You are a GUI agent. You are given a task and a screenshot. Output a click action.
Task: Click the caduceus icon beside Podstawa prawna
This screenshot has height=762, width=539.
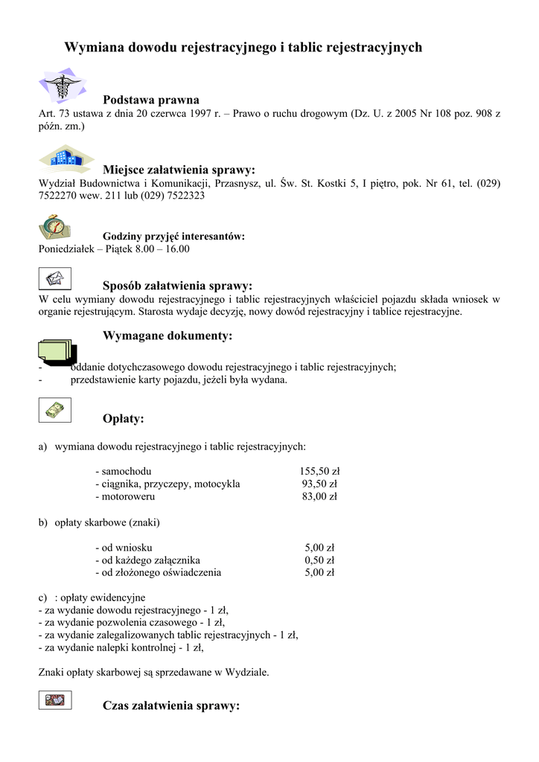tap(63, 86)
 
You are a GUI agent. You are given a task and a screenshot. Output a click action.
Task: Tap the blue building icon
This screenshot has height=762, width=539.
tap(66, 158)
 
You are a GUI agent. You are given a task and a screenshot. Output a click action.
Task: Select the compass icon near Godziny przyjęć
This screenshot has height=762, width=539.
tap(54, 226)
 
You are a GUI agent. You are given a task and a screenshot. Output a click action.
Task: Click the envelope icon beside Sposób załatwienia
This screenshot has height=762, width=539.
tap(54, 279)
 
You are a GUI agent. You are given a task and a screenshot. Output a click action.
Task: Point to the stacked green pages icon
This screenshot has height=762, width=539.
tap(57, 350)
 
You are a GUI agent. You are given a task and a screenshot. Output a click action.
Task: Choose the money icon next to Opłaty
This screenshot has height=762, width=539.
tap(54, 410)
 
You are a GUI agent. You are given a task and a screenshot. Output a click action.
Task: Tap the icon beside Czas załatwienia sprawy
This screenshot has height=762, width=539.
tap(54, 699)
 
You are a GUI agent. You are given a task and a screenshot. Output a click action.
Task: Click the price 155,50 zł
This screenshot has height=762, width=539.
tap(319, 471)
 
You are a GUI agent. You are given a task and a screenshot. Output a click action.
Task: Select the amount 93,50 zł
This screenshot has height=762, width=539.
tap(319, 484)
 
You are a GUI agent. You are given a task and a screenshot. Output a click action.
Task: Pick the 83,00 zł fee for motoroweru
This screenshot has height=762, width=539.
tap(319, 496)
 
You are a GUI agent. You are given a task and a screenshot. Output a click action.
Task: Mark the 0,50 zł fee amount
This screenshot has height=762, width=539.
tap(319, 560)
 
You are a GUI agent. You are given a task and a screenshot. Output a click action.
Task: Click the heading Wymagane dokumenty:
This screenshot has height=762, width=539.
tap(168, 336)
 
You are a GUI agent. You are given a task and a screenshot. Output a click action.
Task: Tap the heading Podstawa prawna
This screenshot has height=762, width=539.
tap(151, 100)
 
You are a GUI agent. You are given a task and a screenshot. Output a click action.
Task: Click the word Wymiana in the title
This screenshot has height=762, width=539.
tap(94, 48)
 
